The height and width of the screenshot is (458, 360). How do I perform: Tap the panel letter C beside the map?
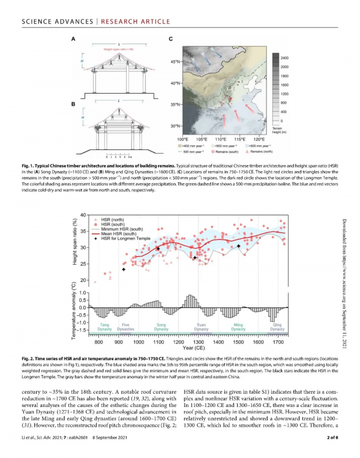point(171,40)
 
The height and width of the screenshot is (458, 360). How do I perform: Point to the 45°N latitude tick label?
point(175,62)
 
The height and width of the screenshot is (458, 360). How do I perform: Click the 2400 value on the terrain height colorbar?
point(284,58)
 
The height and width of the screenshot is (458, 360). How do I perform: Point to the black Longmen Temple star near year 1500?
point(238,246)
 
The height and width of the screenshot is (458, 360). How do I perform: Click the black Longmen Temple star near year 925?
point(123,270)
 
